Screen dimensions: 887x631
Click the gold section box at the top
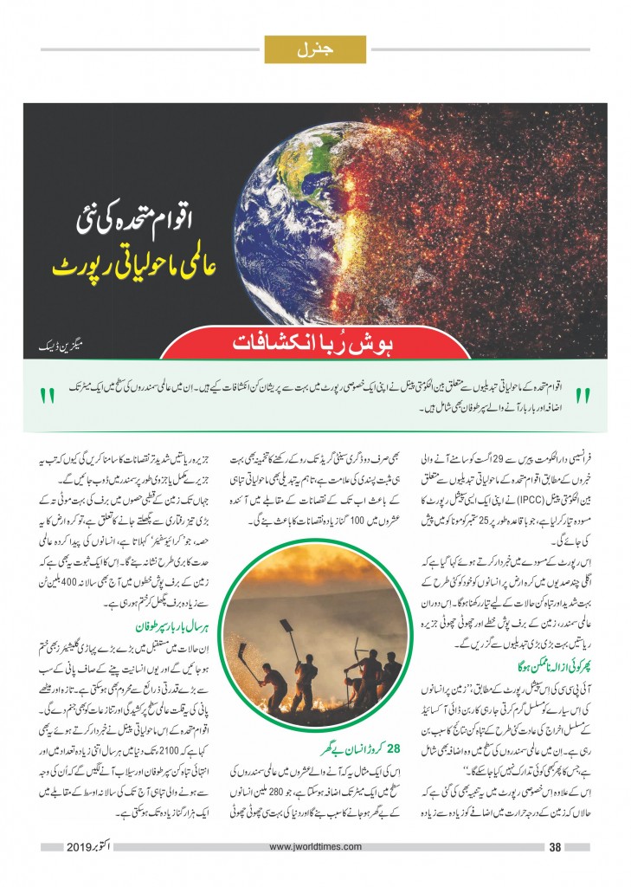(x=315, y=49)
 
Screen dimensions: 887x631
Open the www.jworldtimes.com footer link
(x=315, y=846)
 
